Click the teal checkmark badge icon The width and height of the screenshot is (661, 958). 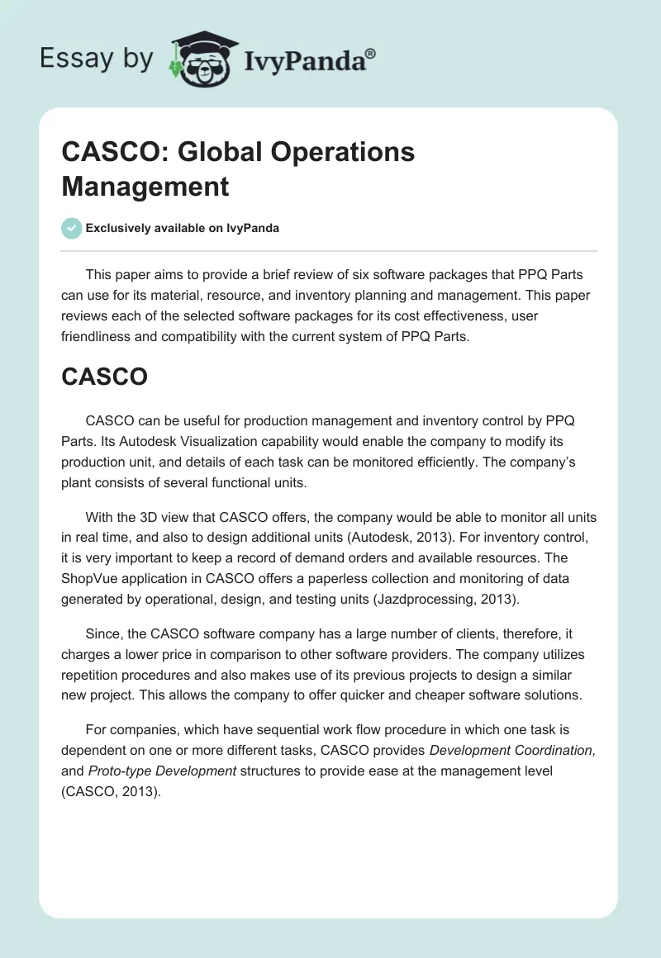(x=72, y=228)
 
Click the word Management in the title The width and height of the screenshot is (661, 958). (x=145, y=186)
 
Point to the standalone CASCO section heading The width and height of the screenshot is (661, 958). (x=105, y=377)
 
